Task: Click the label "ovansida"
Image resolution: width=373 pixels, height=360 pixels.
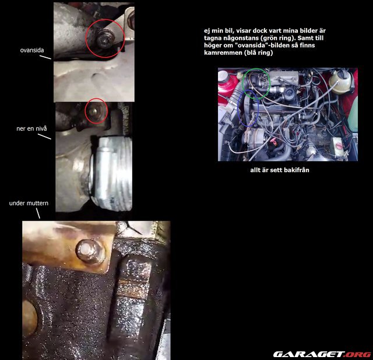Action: [32, 50]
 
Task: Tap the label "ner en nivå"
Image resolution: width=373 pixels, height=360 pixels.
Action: [31, 128]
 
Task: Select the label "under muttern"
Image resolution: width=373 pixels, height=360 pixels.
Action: [29, 203]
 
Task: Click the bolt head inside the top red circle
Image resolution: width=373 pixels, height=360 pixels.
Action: [105, 39]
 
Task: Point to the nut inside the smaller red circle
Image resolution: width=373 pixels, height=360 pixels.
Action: [94, 111]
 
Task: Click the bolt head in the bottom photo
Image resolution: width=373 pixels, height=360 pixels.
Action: [90, 252]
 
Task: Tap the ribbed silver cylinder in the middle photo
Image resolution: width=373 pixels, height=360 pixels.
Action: [112, 173]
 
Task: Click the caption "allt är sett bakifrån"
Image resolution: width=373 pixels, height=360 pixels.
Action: [280, 170]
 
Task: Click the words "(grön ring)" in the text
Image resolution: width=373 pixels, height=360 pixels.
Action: [277, 38]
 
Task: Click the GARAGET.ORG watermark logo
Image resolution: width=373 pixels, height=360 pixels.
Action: [322, 354]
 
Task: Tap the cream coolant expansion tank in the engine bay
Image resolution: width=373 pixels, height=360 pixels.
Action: [340, 81]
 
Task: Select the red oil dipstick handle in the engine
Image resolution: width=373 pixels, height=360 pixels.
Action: [274, 142]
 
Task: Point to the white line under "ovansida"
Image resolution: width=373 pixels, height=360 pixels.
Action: [45, 57]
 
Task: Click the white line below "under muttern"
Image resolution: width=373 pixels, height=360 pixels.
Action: [38, 213]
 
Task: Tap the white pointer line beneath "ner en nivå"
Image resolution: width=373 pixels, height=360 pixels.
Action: [44, 136]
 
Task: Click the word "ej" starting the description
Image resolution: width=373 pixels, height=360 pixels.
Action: [207, 31]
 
